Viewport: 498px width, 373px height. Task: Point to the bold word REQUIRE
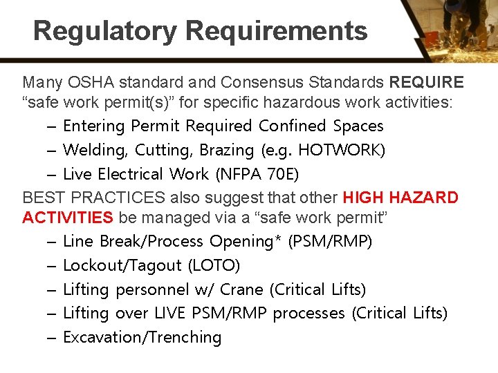click(426, 83)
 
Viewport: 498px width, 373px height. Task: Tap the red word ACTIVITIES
click(68, 218)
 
